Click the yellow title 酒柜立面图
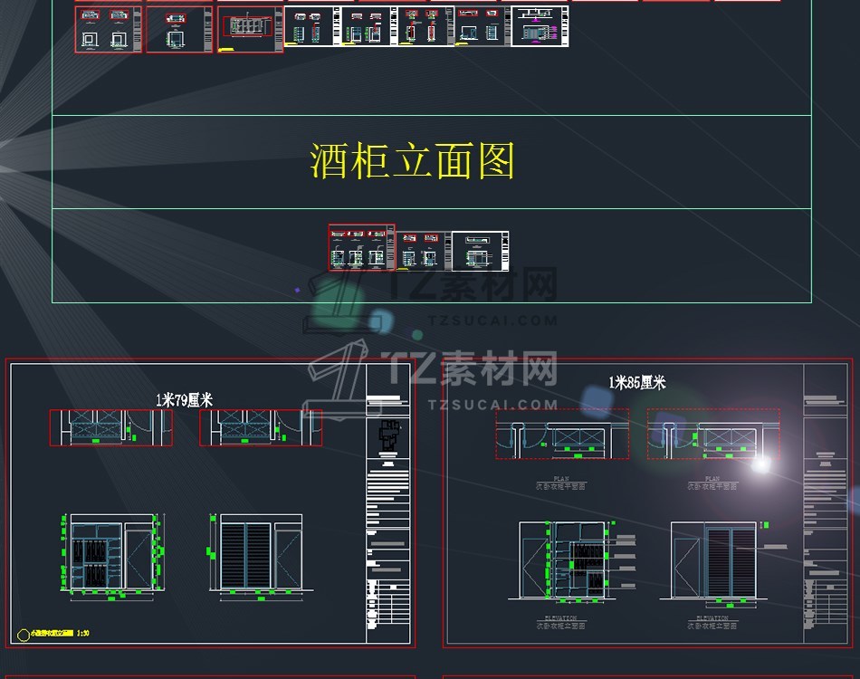pos(413,162)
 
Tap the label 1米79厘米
pos(184,399)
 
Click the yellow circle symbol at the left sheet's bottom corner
pos(24,635)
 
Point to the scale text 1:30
pos(82,635)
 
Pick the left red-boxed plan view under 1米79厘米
pos(111,427)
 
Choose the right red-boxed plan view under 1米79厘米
pos(261,427)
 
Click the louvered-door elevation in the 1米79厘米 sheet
pos(259,554)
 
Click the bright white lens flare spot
pos(761,464)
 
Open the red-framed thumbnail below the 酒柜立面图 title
pos(361,248)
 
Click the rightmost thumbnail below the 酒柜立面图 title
pos(480,251)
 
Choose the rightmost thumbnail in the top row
pos(540,26)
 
